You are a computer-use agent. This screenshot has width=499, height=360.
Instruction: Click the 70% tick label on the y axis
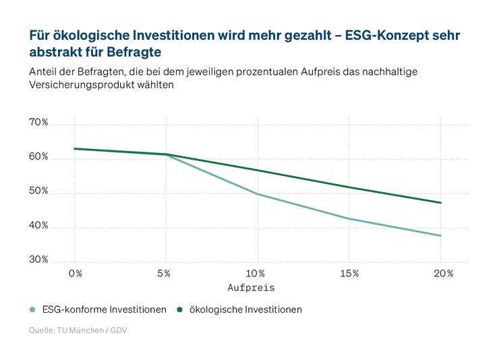point(39,123)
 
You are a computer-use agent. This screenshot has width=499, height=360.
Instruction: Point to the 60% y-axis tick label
point(39,157)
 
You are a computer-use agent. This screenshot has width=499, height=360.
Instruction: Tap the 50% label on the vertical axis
point(39,191)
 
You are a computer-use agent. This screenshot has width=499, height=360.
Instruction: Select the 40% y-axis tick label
point(39,226)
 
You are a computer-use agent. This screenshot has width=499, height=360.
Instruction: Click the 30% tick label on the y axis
point(39,260)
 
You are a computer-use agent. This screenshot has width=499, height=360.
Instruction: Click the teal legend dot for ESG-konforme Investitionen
point(32,310)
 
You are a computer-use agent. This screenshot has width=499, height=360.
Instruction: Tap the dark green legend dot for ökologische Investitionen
point(180,310)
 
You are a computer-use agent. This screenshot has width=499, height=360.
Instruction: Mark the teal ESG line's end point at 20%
point(441,236)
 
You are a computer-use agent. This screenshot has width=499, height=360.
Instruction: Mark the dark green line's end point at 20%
point(441,203)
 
